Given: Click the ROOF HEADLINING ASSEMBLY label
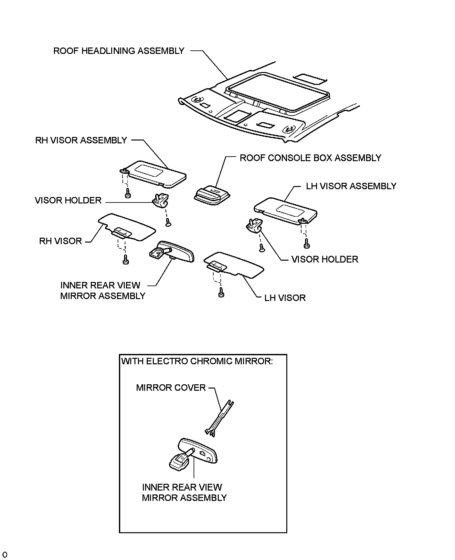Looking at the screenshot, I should pos(119,51).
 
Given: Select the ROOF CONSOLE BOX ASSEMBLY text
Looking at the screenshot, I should pos(310,158).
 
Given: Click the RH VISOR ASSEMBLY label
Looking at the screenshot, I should pos(81,140).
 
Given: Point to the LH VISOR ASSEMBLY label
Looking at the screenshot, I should pos(351,186).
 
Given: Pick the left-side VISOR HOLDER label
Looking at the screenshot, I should pos(68,201).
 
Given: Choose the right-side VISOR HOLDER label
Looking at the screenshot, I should pos(325,259).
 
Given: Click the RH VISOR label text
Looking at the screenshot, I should pos(60,241).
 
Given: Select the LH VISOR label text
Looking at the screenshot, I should pos(285,298).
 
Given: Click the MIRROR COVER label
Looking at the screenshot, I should pos(171,388).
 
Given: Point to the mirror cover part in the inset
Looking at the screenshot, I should pos(220,419).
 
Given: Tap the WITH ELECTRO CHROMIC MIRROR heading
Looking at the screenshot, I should pos(197,361).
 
